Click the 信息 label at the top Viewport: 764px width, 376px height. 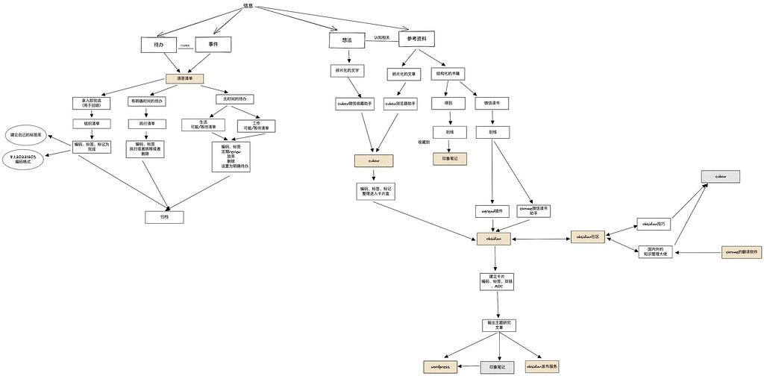pyautogui.click(x=248, y=6)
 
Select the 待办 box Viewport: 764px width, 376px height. pyautogui.click(x=158, y=46)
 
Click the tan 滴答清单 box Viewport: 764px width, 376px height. pyautogui.click(x=184, y=78)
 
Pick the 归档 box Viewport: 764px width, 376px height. pyautogui.click(x=164, y=217)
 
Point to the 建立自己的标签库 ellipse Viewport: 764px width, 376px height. pyautogui.click(x=27, y=136)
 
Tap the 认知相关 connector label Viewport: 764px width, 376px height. pyautogui.click(x=381, y=37)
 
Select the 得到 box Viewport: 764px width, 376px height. pyautogui.click(x=448, y=103)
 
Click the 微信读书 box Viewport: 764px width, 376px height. pyautogui.click(x=492, y=103)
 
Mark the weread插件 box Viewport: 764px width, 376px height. pyautogui.click(x=492, y=211)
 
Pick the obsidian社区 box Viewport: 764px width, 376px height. pyautogui.click(x=589, y=236)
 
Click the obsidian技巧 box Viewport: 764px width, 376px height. pyautogui.click(x=655, y=223)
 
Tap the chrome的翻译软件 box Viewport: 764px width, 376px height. pyautogui.click(x=742, y=252)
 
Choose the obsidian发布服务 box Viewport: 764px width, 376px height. pyautogui.click(x=542, y=367)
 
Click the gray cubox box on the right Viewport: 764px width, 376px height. pyautogui.click(x=720, y=177)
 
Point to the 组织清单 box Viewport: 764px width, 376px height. pyautogui.click(x=92, y=124)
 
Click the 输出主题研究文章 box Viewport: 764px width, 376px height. pyautogui.click(x=498, y=325)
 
